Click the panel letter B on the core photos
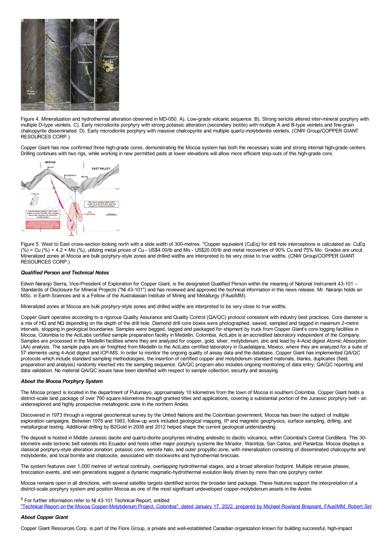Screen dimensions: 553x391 pyautogui.click(x=46, y=20)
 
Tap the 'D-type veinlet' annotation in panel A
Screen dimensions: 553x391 pyautogui.click(x=31, y=92)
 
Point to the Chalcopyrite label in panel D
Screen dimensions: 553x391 pyautogui.click(x=111, y=56)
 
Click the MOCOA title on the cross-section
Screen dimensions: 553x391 pyautogui.click(x=50, y=162)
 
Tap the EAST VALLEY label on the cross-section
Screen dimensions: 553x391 pyautogui.click(x=101, y=168)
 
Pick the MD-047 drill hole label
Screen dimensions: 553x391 pyautogui.click(x=51, y=167)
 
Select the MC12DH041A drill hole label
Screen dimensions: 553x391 pyautogui.click(x=70, y=176)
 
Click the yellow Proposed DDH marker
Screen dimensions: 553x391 pyautogui.click(x=75, y=188)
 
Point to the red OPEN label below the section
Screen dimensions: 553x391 pyautogui.click(x=71, y=235)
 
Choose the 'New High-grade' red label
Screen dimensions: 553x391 pyautogui.click(x=90, y=213)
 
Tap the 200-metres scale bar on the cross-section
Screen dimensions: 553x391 pyautogui.click(x=111, y=214)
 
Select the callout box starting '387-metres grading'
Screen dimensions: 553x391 pyautogui.click(x=101, y=204)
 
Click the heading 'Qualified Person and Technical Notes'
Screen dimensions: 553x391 pyautogui.click(x=65, y=273)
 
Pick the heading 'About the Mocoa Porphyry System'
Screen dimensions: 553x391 pyautogui.click(x=62, y=381)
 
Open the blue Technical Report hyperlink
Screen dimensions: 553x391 pyautogui.click(x=196, y=506)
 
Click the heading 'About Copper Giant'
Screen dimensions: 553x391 pyautogui.click(x=44, y=517)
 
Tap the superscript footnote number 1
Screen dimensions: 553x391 pyautogui.click(x=22, y=499)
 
